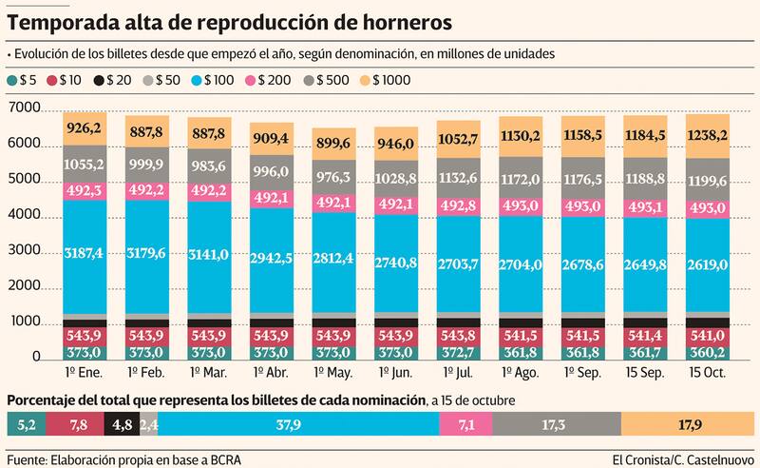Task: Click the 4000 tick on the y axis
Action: [23, 216]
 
